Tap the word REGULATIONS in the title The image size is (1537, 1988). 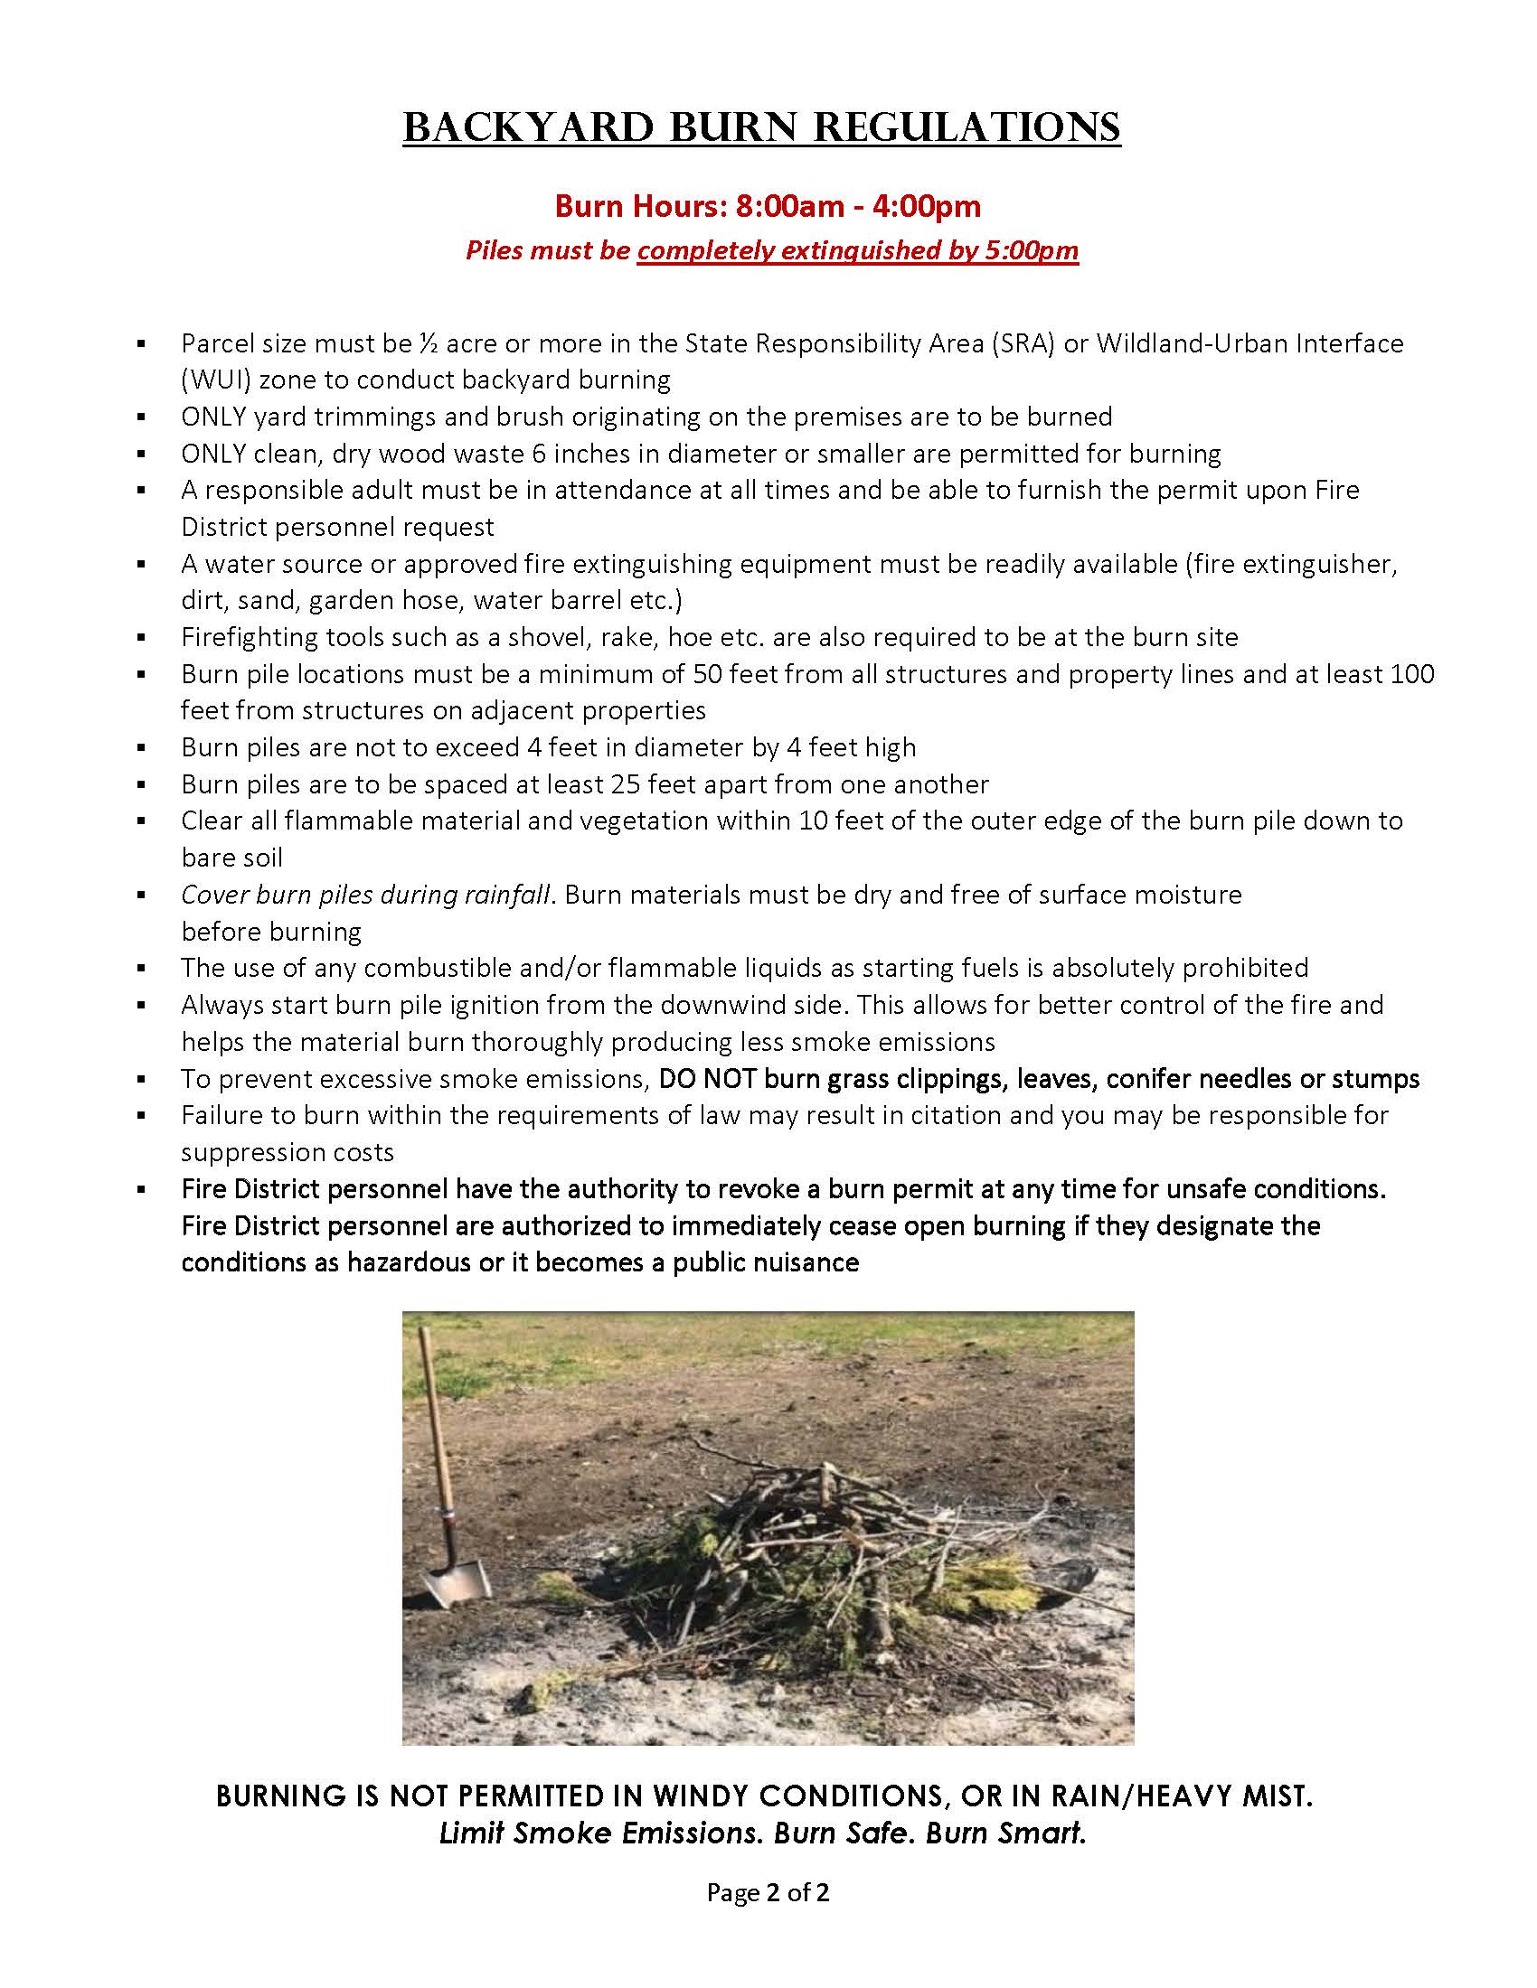(x=966, y=127)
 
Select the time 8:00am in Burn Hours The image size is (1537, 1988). (x=790, y=207)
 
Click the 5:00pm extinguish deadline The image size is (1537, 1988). (x=1032, y=250)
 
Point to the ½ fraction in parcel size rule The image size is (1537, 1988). (x=429, y=343)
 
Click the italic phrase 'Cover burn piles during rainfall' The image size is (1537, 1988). (x=365, y=895)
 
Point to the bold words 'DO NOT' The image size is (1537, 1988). (x=708, y=1079)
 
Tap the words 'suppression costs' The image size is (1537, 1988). (x=287, y=1152)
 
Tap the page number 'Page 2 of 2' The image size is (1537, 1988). (x=768, y=1893)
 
